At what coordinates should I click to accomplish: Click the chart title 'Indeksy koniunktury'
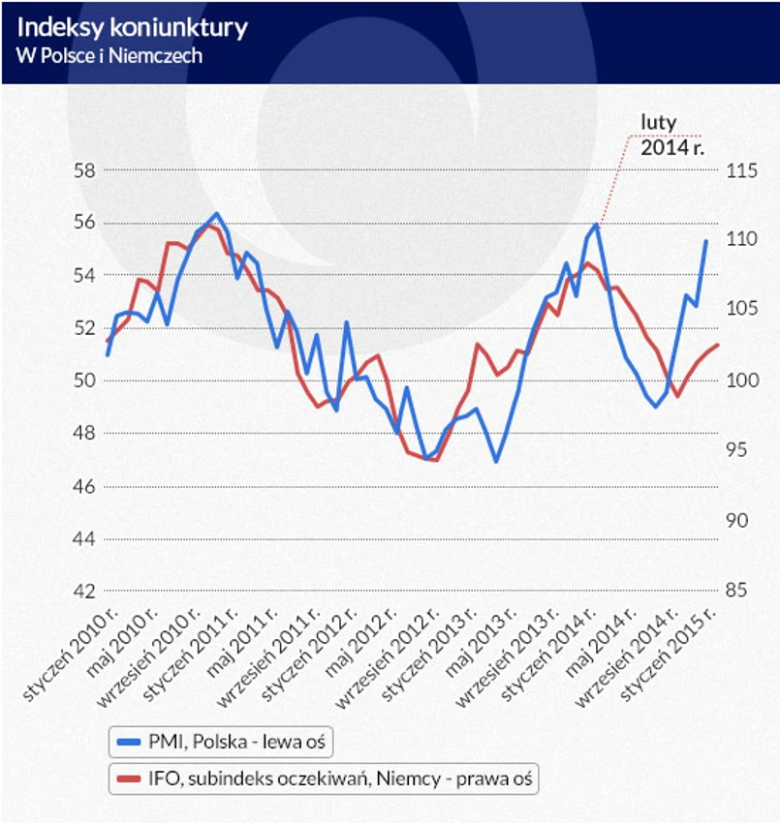132,27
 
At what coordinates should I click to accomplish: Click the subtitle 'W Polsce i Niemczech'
109,56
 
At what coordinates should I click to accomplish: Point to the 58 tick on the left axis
84,170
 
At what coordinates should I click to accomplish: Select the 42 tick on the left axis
84,592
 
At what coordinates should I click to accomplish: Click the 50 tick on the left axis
84,381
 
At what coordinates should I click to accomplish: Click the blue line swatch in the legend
128,744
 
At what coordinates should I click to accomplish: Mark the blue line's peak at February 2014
597,225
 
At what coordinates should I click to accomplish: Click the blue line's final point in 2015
706,240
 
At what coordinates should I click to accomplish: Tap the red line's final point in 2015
718,345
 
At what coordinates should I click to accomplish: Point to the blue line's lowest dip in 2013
496,462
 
